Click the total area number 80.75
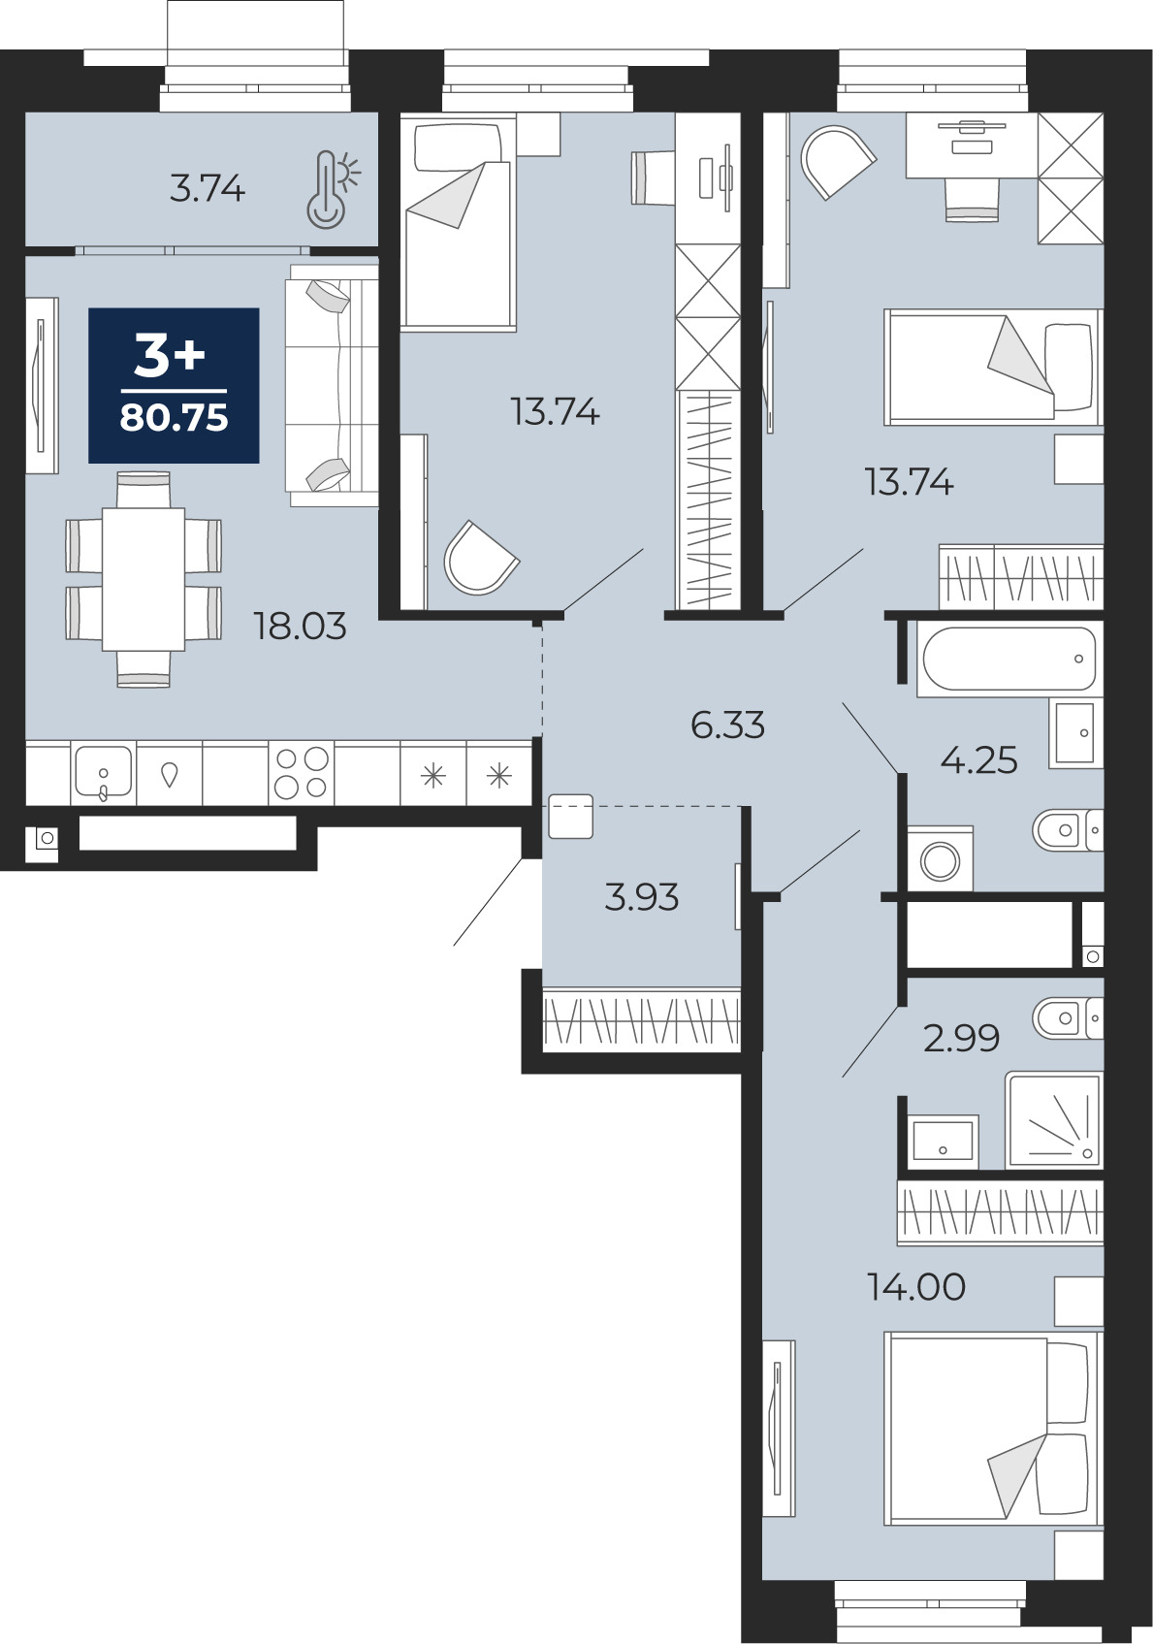point(174,418)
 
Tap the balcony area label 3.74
point(207,189)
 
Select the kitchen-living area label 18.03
point(300,627)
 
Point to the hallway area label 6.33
point(727,725)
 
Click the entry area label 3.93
point(641,897)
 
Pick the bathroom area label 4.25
point(979,760)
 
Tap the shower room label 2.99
point(961,1038)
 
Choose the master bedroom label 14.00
point(916,1287)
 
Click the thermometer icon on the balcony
point(331,189)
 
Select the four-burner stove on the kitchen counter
point(301,773)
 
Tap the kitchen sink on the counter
point(104,773)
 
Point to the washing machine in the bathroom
point(941,859)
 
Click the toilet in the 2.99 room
point(1068,1018)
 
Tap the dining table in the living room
point(144,580)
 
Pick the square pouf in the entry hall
point(570,816)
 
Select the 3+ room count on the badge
point(171,358)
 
